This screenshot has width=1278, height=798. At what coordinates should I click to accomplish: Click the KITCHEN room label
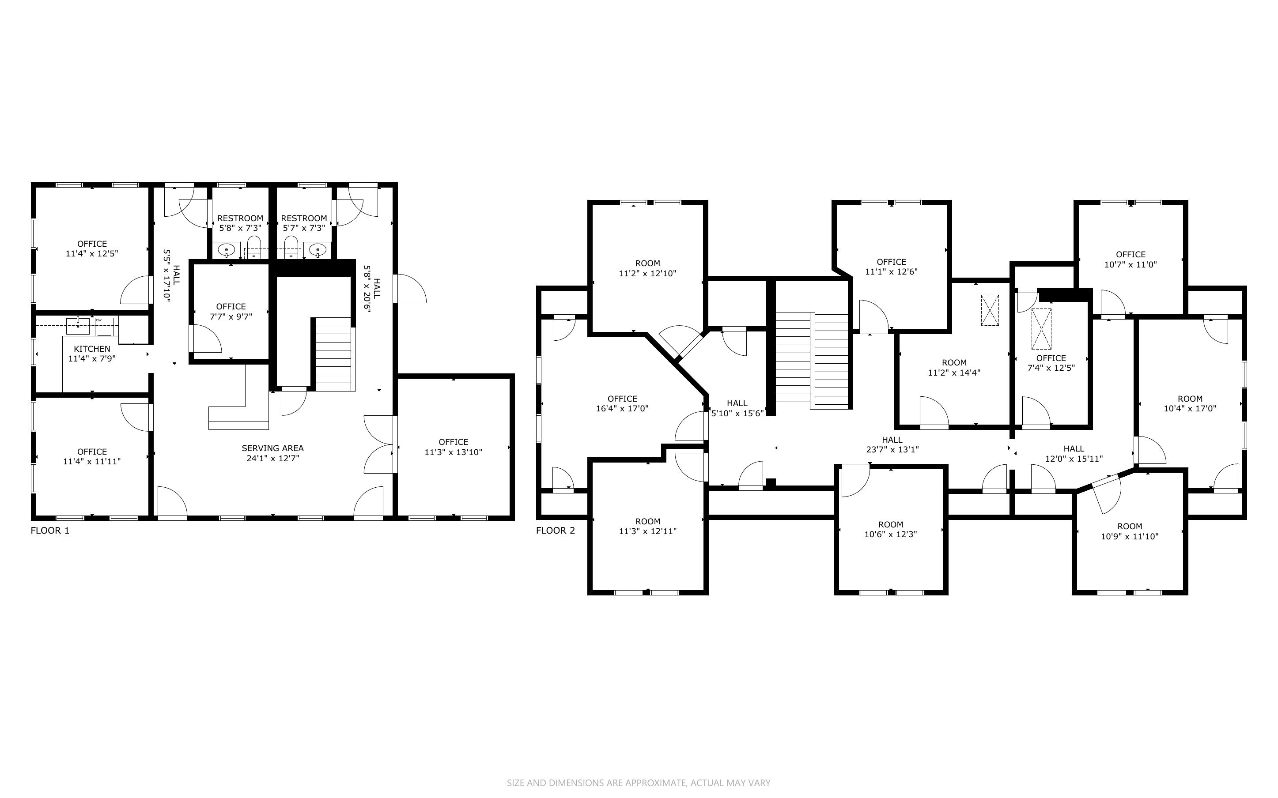(92, 349)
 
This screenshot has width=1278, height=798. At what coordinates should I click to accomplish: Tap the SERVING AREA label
(272, 448)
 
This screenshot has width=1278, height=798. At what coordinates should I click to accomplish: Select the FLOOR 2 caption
(556, 531)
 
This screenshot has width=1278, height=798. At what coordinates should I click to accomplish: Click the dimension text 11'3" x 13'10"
(454, 452)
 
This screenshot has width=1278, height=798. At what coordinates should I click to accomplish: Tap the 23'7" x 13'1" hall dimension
(892, 450)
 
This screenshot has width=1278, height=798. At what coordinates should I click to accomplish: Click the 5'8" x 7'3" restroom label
(240, 223)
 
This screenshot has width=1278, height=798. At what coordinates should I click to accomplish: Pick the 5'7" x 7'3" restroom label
(304, 223)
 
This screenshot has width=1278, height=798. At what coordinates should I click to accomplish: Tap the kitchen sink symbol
(78, 326)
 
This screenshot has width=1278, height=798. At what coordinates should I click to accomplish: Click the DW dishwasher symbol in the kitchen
(104, 327)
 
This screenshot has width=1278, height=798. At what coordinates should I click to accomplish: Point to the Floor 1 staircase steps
(333, 354)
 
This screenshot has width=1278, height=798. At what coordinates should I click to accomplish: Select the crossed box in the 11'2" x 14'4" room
(990, 310)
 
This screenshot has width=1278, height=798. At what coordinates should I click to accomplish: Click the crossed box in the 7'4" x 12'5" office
(1041, 329)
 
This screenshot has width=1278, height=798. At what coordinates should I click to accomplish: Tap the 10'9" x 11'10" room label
(1130, 531)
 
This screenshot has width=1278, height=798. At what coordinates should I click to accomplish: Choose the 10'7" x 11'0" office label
(1131, 260)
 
